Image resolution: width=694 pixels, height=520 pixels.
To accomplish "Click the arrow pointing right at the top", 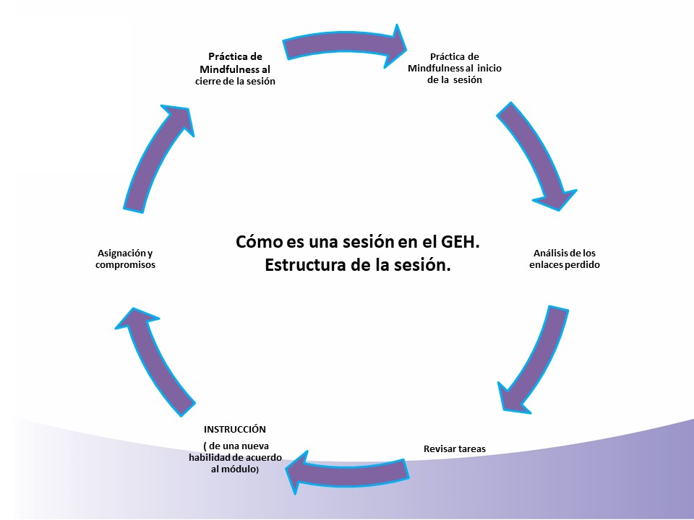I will click(x=343, y=45).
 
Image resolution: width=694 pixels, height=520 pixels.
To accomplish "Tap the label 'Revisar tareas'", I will click(x=455, y=448).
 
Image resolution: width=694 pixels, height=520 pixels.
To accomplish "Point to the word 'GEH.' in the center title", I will click(x=457, y=241).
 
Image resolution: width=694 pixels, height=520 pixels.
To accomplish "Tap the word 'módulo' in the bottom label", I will click(x=240, y=470).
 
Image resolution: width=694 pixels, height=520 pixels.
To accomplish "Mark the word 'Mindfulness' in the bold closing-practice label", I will click(x=226, y=69).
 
